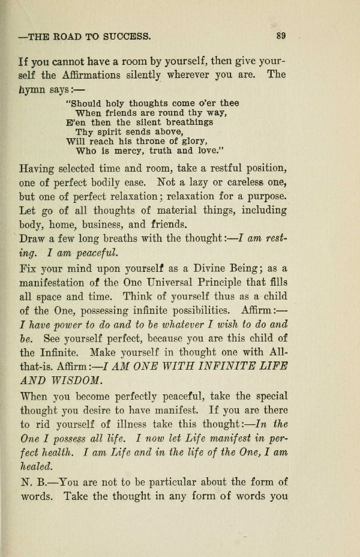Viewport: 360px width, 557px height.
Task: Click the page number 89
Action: click(x=281, y=35)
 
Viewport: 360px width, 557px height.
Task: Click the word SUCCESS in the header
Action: click(x=127, y=35)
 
